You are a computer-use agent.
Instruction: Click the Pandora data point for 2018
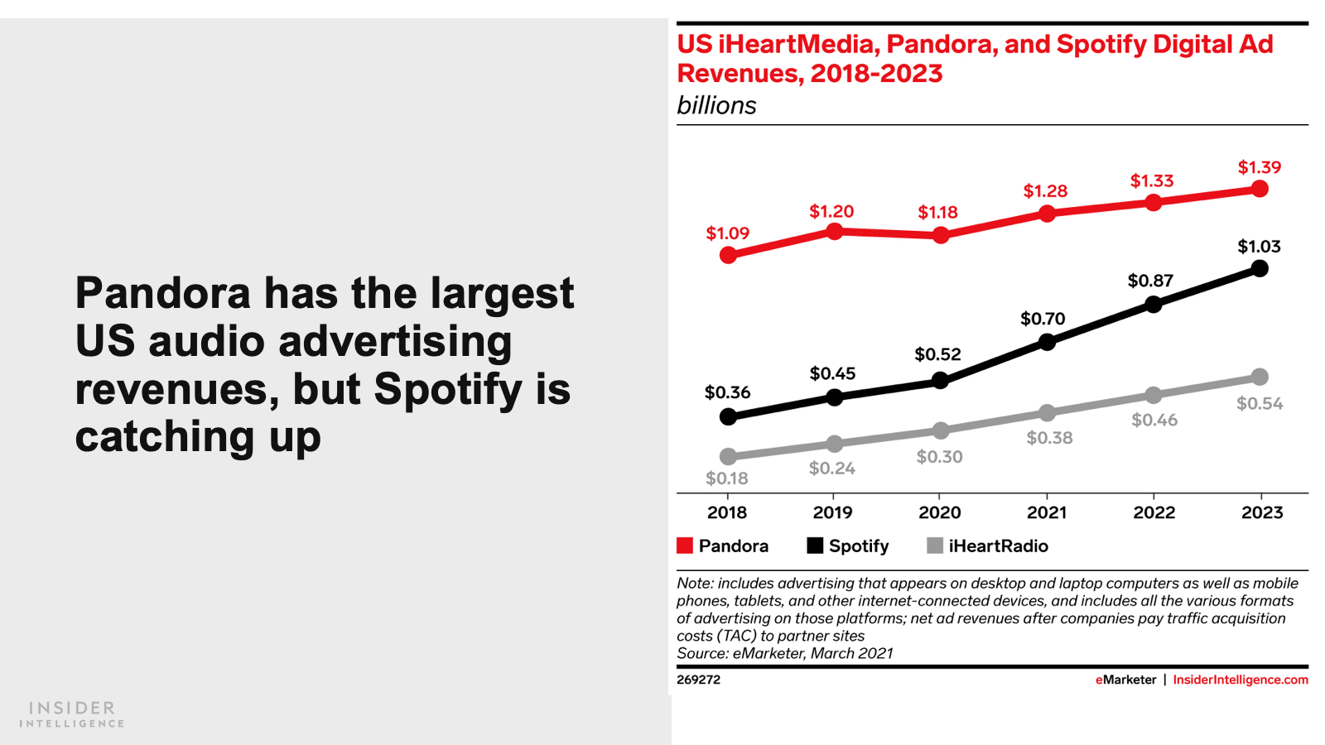(x=728, y=255)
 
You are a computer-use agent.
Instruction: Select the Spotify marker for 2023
(x=1260, y=268)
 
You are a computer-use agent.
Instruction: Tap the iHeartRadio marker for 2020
(x=941, y=430)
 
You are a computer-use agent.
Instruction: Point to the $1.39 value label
(x=1259, y=167)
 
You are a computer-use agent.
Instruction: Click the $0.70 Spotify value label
(x=1043, y=319)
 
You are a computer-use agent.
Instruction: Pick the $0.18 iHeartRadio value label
(x=726, y=478)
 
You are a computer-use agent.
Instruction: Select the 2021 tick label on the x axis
(x=1047, y=512)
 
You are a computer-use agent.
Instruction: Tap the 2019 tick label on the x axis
(x=832, y=512)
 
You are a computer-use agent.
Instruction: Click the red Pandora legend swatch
(x=685, y=546)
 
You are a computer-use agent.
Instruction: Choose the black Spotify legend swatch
(x=815, y=546)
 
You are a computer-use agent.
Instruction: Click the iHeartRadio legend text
(x=998, y=546)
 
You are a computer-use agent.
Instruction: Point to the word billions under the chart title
(x=716, y=106)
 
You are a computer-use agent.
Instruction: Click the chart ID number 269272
(x=698, y=680)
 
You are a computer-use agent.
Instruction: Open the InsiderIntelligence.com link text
(x=1240, y=680)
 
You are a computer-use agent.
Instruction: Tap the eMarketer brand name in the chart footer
(x=1125, y=680)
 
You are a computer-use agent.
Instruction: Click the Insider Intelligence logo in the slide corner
(x=72, y=714)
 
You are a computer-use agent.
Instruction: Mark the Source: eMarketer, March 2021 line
(x=784, y=653)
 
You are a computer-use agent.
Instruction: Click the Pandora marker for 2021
(x=1047, y=214)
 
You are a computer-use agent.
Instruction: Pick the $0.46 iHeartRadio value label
(x=1154, y=421)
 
